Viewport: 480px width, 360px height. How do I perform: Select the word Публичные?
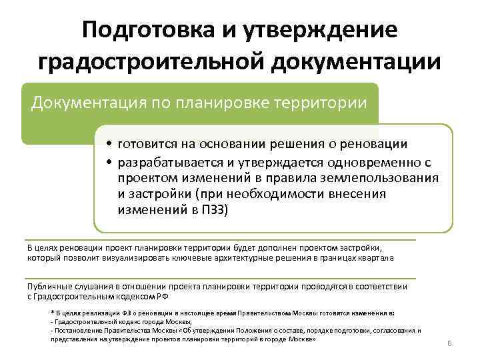tap(47, 286)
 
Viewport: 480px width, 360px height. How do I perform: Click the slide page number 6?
tap(449, 343)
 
